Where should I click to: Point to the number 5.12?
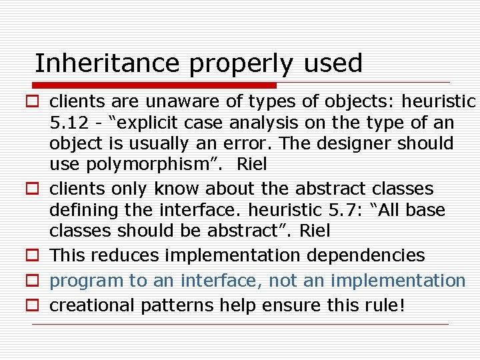[68, 123]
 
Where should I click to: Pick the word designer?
[363, 143]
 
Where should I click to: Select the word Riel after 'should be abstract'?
[315, 231]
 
